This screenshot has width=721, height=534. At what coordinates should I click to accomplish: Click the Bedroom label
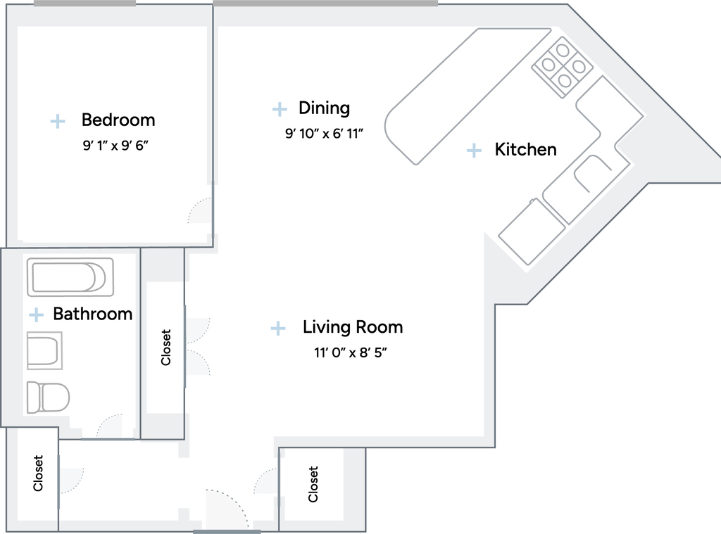click(118, 120)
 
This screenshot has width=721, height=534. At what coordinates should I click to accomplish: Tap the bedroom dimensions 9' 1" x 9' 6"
click(115, 146)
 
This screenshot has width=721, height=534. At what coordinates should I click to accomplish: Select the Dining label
click(324, 108)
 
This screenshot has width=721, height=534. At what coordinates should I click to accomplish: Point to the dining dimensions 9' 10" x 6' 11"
click(324, 134)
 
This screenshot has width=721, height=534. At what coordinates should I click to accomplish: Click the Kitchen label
click(525, 149)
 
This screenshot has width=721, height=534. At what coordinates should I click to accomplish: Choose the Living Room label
click(353, 326)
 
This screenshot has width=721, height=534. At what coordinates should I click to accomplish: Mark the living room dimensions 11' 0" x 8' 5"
click(351, 352)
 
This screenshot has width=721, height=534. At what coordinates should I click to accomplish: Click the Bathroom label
click(92, 314)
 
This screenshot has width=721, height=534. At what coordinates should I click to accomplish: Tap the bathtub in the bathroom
click(70, 277)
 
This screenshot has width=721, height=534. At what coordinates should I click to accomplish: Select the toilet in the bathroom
click(48, 397)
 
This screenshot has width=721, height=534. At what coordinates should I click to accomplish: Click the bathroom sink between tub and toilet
click(44, 350)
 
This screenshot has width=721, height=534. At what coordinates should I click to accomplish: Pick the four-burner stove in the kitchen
click(562, 67)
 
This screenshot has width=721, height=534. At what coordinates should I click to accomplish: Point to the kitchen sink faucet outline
click(591, 172)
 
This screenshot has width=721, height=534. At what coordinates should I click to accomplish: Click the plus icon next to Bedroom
click(58, 121)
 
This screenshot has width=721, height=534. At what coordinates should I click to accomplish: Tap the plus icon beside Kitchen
click(474, 151)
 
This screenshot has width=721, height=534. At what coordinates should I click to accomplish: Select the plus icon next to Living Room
click(277, 328)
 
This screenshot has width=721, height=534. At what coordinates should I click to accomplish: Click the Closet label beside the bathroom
click(165, 348)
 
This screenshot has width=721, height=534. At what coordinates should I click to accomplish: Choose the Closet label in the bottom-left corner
click(38, 473)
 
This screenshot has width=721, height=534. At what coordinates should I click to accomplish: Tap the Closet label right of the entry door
click(313, 484)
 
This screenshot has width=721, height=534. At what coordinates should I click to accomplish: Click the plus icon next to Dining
click(279, 109)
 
